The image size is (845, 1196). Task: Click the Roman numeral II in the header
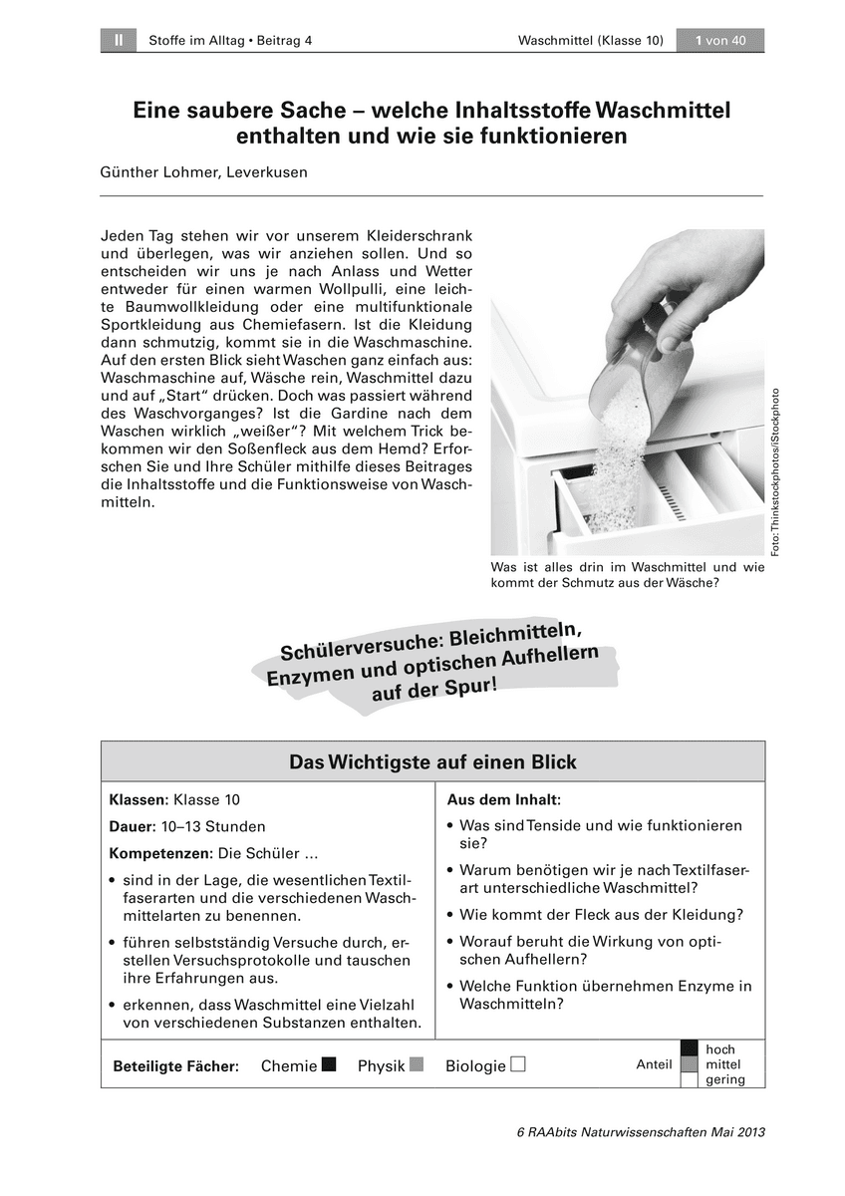click(119, 40)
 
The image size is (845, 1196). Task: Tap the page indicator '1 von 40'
click(720, 40)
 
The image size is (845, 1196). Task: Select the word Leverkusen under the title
click(270, 171)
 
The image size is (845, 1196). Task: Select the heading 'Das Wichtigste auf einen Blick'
click(432, 762)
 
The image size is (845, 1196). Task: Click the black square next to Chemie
click(329, 1064)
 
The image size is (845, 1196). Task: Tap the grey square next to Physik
click(417, 1064)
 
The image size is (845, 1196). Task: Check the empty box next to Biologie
click(517, 1064)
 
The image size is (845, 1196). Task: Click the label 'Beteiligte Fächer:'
click(176, 1066)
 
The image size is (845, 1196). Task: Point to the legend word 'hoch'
click(719, 1049)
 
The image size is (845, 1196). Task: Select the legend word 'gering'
click(724, 1080)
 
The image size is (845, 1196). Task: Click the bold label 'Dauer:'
click(132, 826)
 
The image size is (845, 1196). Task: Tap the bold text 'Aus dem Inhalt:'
click(503, 799)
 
